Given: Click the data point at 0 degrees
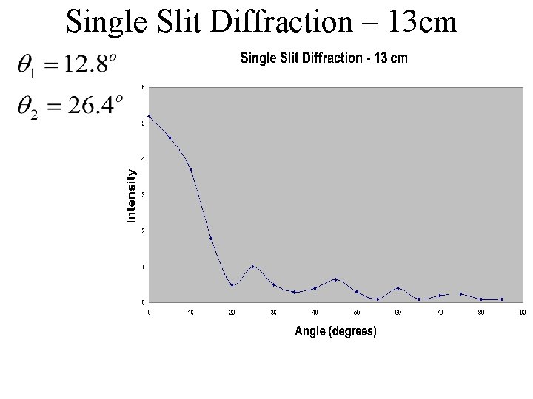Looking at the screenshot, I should [x=150, y=116].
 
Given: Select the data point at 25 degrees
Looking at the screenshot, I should [x=253, y=267].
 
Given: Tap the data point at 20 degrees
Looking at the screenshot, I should [x=232, y=285].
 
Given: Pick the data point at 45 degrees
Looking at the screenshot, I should [x=336, y=279].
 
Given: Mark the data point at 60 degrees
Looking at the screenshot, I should [x=398, y=288].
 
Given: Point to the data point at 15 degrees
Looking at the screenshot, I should [x=212, y=239].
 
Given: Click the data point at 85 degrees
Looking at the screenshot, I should [x=502, y=299].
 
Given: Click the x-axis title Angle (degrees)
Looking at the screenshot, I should [x=335, y=332].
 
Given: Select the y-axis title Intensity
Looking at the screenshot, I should [x=131, y=196].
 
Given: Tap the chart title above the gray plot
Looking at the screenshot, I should [x=324, y=59].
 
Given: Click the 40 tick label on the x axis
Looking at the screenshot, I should [x=315, y=313].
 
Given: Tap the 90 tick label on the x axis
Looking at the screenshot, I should [x=523, y=313].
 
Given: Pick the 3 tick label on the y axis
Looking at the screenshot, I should [x=144, y=194].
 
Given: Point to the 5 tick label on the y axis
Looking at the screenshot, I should [x=144, y=123].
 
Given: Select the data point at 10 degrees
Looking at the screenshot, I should [x=191, y=170].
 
